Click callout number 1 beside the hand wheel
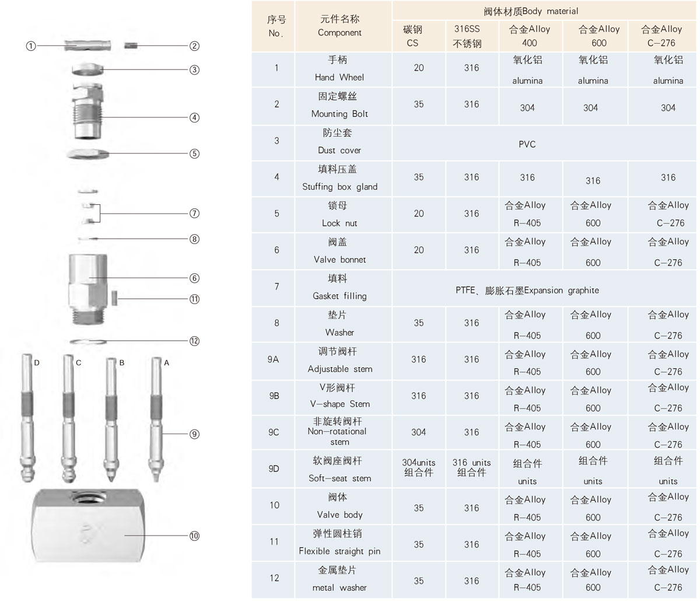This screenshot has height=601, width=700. pos(32,46)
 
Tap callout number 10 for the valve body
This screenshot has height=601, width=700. pos(194,535)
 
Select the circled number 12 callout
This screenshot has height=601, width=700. pos(194,341)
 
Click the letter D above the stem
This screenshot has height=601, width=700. pos(37,363)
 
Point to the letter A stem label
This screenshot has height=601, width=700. pos(166,363)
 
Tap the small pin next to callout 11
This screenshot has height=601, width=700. pos(114,299)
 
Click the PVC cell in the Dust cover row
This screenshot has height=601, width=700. pos(527,144)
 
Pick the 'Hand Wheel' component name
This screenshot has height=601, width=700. pos(339,77)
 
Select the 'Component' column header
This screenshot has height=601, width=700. pos(339,33)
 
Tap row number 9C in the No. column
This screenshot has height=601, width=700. pos(274,432)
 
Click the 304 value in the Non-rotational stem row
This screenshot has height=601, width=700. pos(418,432)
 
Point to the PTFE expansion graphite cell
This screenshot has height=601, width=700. pos(527,290)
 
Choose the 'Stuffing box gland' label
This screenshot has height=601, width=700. pos(339,187)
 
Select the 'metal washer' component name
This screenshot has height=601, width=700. pos(339,588)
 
